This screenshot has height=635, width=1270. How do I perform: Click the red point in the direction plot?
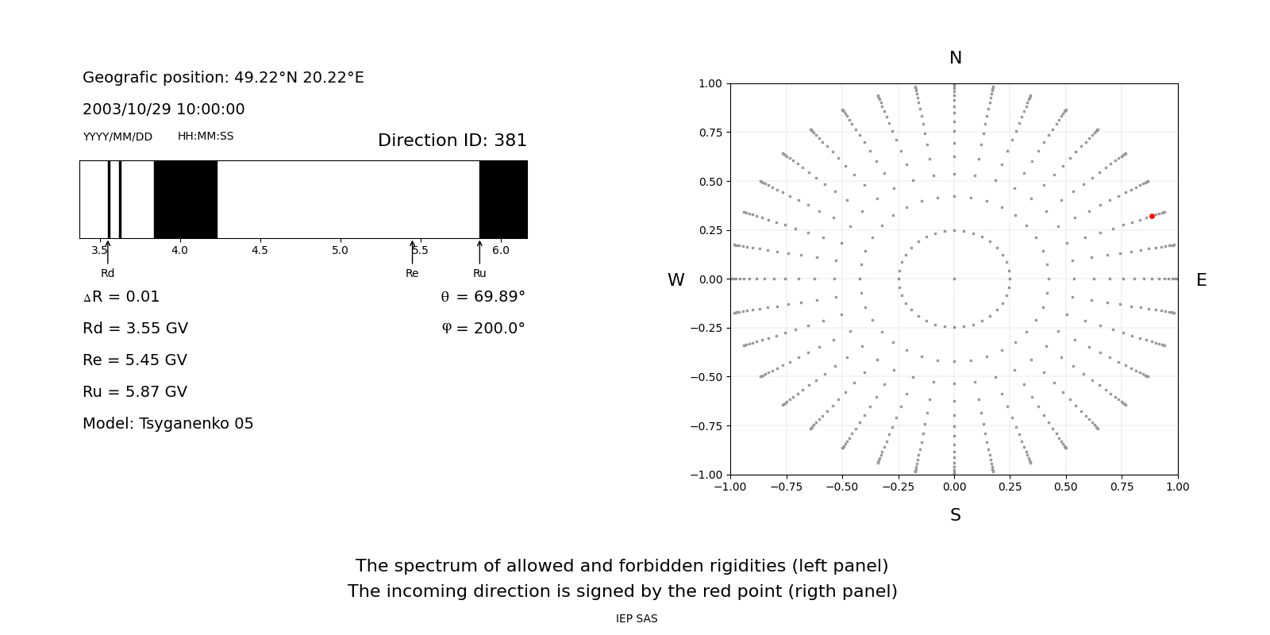coord(1152,217)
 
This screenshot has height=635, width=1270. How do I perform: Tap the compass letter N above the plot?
coord(956,58)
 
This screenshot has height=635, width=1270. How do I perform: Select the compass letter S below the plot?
coord(956,515)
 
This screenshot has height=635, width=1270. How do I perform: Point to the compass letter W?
coord(675,280)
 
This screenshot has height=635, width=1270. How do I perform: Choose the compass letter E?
coord(1202,280)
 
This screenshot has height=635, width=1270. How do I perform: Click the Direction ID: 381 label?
coord(452,140)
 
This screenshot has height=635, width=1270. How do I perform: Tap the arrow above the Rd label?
coord(108,252)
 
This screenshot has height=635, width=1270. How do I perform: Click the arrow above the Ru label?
coord(479,252)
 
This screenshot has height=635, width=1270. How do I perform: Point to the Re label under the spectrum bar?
coord(412,273)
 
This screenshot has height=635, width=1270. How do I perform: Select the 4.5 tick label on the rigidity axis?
coord(260,250)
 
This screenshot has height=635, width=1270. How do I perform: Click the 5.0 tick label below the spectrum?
coord(340,250)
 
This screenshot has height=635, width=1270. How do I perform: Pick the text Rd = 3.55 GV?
coord(135,329)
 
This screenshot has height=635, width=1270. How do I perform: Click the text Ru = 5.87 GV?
coord(135,392)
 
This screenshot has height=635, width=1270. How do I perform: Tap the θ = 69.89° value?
coord(483,297)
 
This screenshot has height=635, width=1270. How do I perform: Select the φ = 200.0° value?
coord(483,329)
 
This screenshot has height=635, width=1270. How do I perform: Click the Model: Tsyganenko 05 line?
coord(167,424)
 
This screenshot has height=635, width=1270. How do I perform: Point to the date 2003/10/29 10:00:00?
coord(164,109)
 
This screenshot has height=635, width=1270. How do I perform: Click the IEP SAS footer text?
coord(637,618)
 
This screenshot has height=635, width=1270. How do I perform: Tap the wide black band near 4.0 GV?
coord(186,199)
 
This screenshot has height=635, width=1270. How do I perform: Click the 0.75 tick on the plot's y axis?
coord(710,133)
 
